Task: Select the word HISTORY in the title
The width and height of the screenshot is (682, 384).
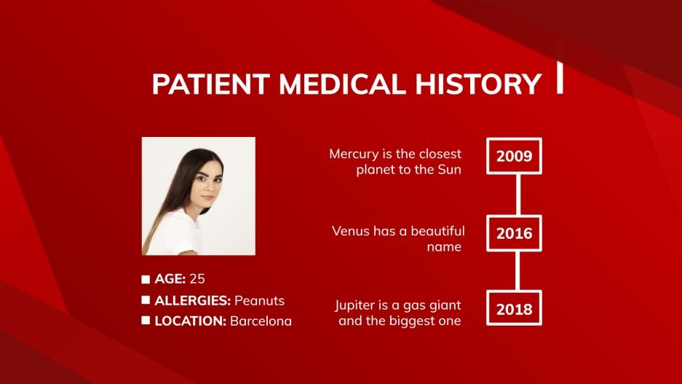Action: (476, 85)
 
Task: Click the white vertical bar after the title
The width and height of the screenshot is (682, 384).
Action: (560, 77)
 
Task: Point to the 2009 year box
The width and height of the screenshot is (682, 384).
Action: (514, 156)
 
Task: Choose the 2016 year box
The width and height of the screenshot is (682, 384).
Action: (514, 234)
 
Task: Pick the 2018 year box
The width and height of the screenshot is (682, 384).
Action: (514, 310)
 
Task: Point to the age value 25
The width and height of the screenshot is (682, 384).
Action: (202, 278)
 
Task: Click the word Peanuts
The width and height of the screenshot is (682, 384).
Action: (259, 300)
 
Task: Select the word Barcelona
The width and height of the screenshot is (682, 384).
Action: (261, 321)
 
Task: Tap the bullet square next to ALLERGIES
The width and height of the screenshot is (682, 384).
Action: (146, 300)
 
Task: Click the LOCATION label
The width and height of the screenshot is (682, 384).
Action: (190, 321)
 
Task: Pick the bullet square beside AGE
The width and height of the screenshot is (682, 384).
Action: (146, 279)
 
